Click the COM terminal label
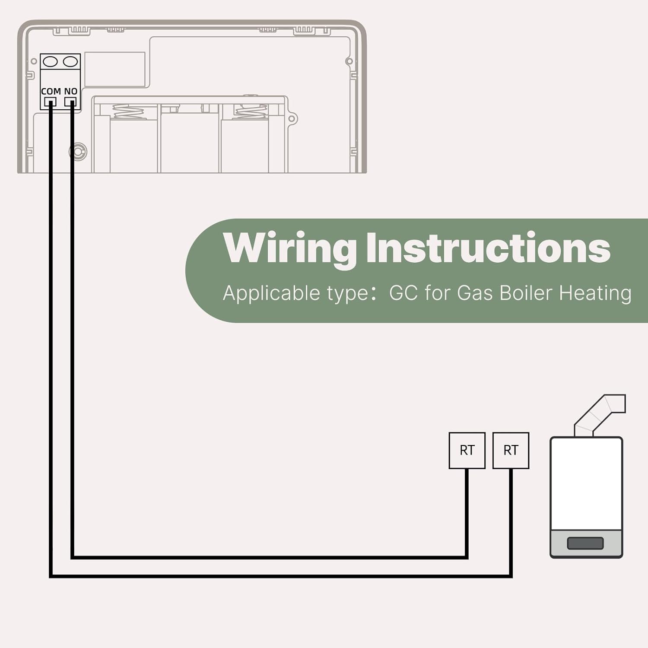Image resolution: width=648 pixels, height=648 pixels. pos(51,91)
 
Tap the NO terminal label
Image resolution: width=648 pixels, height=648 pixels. pos(71,91)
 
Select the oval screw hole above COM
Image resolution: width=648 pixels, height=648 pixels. pos(51,62)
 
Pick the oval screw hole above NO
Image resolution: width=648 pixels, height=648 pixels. pos(70,62)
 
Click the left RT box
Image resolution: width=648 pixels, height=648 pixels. pos(467,450)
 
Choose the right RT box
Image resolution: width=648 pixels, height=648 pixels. pos(511,450)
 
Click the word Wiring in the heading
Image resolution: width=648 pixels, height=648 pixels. pos(290,248)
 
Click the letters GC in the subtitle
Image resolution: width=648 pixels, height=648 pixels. pos(403,292)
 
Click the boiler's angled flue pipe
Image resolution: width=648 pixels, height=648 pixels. pos(600,415)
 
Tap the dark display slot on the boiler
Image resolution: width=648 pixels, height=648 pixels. pos(585,543)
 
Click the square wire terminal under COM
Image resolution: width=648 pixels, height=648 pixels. pos(51,102)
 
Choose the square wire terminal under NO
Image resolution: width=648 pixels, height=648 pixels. pos(70,102)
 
